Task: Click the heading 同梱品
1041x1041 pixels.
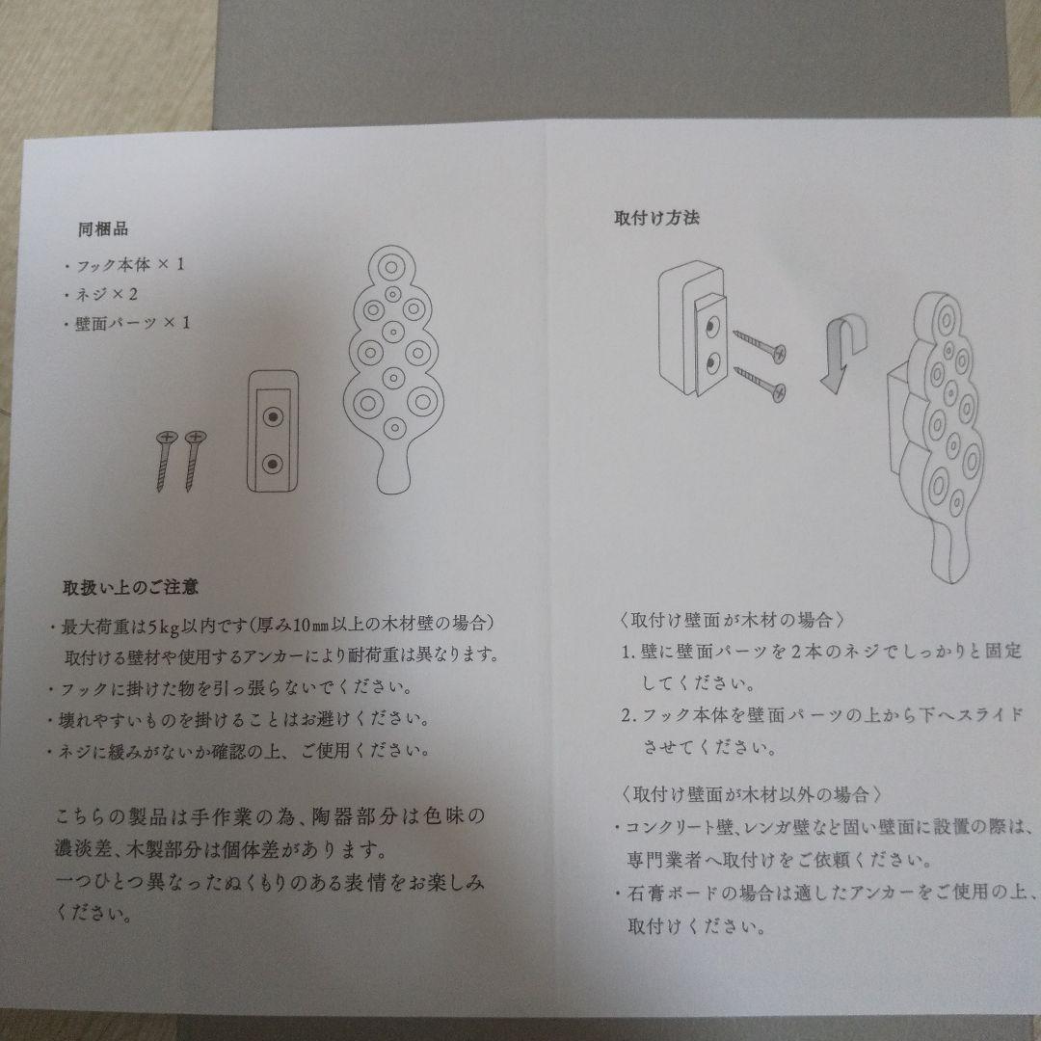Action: pos(103,229)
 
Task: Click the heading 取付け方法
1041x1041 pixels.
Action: pos(656,217)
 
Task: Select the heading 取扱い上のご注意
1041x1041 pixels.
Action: pos(130,586)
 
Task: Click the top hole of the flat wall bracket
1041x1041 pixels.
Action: pos(274,417)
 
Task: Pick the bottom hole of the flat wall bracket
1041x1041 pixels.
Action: pos(274,466)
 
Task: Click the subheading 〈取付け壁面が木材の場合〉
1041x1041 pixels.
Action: pos(734,619)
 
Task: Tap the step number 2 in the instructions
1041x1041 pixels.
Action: pos(627,716)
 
